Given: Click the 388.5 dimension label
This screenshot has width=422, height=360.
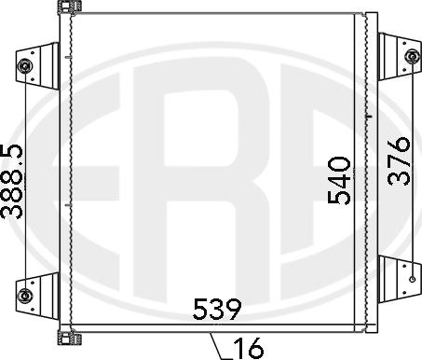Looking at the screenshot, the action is (11, 181).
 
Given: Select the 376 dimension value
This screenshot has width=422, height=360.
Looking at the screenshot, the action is (399, 161).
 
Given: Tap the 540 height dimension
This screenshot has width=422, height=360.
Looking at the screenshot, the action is (339, 180).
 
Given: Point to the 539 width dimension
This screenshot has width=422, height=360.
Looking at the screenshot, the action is (217, 309).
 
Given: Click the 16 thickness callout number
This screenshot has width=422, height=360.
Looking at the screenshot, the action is (249, 348).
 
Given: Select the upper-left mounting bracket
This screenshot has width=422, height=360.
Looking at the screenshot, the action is (38, 66).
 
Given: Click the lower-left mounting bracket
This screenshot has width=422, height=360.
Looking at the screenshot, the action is (38, 296).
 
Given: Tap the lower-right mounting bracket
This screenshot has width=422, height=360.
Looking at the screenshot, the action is (400, 279).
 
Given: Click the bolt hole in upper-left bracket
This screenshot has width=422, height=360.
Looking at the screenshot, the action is (24, 66).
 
